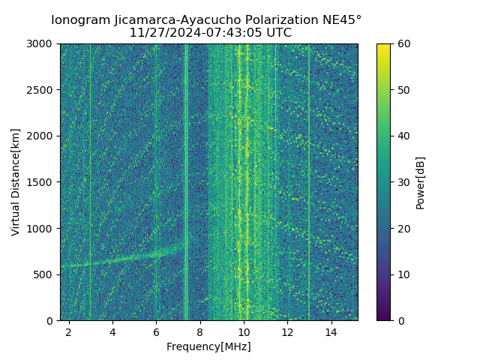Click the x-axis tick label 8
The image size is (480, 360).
point(199,331)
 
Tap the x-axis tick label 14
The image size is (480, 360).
point(331,331)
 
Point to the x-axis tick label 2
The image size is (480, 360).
point(69,331)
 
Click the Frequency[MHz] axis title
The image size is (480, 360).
point(208,346)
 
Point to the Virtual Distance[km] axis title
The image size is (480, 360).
point(16,182)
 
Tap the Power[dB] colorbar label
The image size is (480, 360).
point(421,182)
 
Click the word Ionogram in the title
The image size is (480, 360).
point(81,19)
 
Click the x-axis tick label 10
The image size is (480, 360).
point(243,331)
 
